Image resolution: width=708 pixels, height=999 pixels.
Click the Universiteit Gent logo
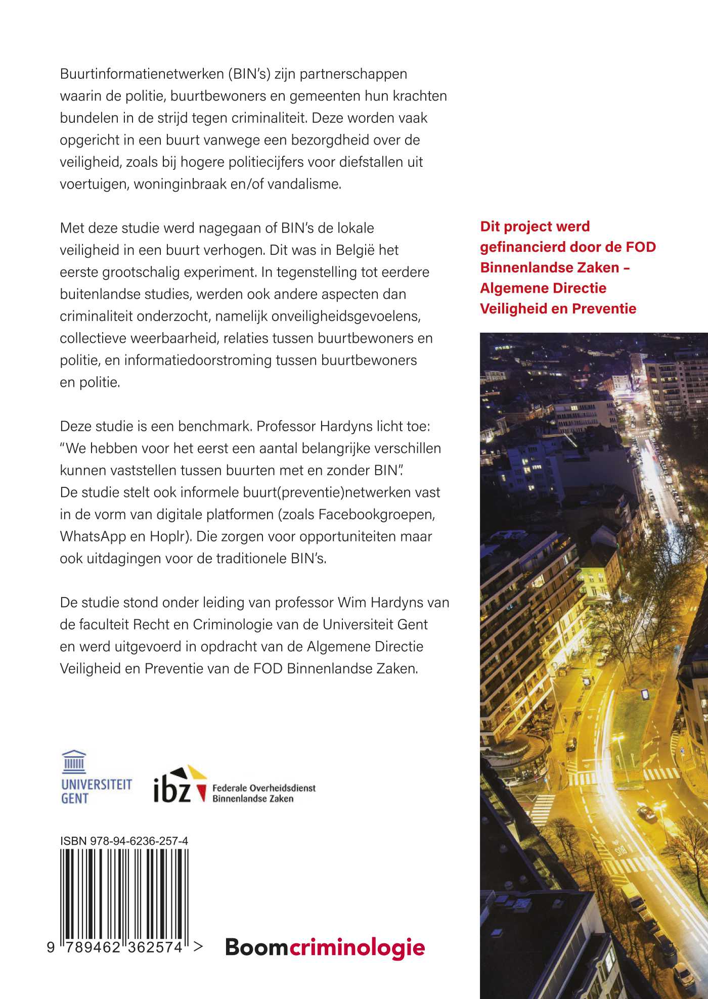(96, 777)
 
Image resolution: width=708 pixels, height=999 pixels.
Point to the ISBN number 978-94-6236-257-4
(139, 841)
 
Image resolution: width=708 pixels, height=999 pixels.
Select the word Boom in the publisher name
(256, 947)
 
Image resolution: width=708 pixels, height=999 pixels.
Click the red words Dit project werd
(535, 226)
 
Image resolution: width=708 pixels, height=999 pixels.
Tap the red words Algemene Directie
(543, 288)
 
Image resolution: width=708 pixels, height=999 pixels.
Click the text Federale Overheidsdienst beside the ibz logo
(263, 788)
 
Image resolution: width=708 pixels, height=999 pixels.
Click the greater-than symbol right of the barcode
(198, 946)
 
